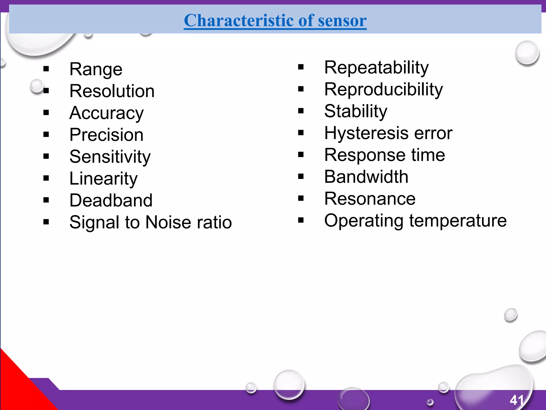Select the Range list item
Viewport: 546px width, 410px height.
[x=96, y=69]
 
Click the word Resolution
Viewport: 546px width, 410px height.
[x=112, y=91]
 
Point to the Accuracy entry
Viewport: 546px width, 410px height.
[x=106, y=113]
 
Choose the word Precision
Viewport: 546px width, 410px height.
[x=106, y=135]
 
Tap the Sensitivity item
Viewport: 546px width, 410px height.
[x=110, y=157]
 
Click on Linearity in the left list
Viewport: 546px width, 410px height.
[x=103, y=179]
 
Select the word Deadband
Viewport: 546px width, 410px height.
[x=111, y=200]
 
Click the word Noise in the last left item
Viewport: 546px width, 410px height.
[x=168, y=222]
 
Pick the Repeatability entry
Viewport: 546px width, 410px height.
[x=376, y=68]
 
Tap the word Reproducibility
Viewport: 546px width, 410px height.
[x=383, y=89]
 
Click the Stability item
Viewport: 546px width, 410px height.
[x=356, y=111]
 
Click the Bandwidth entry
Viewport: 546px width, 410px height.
[x=366, y=177]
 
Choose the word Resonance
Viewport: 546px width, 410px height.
[x=370, y=199]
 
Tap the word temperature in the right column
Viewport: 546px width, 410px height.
[x=458, y=221]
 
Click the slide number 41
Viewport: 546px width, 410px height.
[x=517, y=400]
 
